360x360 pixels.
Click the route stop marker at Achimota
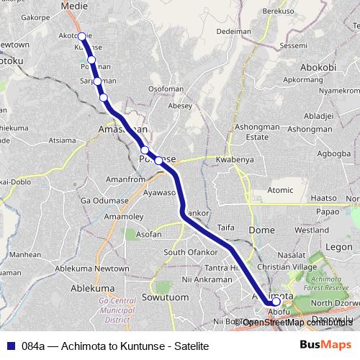point(276,302)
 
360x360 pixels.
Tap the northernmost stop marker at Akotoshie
point(81,36)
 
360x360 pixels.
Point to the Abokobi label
point(318,68)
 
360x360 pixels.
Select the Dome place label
point(261,230)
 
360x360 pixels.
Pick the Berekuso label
point(279,12)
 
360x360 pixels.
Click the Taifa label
point(226,226)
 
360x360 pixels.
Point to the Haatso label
point(323,198)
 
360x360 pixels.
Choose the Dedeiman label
point(233,32)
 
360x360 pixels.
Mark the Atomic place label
point(281,190)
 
